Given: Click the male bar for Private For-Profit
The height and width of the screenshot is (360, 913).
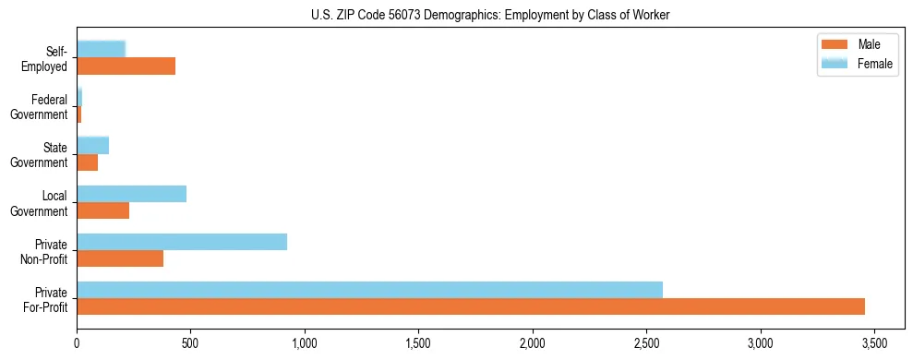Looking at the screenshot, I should point(471,306).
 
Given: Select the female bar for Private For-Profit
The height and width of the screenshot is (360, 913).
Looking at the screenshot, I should point(369,289).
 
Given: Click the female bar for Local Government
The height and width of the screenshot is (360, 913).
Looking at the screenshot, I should point(131,194).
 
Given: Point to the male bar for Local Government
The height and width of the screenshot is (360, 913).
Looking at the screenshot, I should point(102,210).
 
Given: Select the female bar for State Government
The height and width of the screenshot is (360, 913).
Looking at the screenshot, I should point(92,145).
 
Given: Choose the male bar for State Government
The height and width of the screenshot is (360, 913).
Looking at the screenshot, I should point(87,162).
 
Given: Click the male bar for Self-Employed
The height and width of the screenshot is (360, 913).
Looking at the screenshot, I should point(126,66).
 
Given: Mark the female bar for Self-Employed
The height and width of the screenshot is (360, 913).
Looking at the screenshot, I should point(101,49).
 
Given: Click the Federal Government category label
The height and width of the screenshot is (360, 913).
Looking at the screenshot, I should point(44,107).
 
